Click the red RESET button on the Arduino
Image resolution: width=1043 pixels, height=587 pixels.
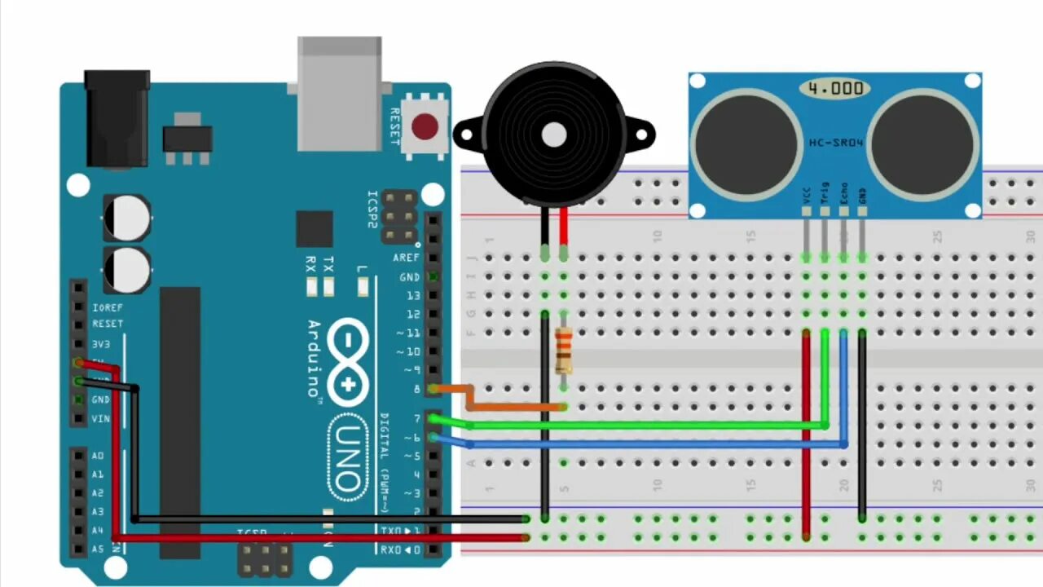[425, 127]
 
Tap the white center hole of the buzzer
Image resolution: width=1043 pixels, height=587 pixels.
[555, 135]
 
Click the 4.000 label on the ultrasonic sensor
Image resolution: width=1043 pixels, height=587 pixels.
[835, 88]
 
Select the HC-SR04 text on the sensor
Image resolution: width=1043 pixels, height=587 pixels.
[836, 143]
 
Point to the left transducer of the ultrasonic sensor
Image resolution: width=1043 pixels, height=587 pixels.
[746, 143]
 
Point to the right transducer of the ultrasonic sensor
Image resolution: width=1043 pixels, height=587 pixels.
[922, 143]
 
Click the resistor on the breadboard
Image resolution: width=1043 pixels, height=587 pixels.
[563, 350]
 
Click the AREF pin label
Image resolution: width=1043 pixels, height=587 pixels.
[406, 258]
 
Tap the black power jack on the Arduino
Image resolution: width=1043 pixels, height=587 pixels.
[117, 118]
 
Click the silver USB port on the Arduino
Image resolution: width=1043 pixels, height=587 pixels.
[339, 93]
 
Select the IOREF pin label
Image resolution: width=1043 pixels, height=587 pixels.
[108, 308]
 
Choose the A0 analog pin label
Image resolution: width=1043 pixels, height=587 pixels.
[98, 456]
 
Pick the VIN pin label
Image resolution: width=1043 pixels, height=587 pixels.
[101, 419]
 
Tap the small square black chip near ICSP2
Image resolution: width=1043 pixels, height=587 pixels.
[315, 228]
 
